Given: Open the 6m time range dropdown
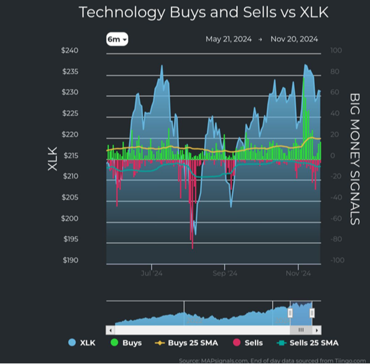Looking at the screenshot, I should point(117,39).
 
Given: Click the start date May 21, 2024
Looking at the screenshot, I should point(228,39).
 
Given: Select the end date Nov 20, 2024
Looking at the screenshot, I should point(294,39).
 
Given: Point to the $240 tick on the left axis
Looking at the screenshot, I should point(69,50).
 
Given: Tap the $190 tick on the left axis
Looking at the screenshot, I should point(69,260).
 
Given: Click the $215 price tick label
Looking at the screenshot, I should point(69,156).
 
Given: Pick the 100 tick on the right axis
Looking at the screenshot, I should point(336,50).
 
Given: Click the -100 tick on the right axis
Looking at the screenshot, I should point(337,260).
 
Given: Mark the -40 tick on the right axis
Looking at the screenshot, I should point(337,198).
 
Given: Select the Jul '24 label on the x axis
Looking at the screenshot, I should point(152,273).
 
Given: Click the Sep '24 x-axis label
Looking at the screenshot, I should point(225,273).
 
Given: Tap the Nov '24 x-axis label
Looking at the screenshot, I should point(298,273).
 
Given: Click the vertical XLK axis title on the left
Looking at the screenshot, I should point(52,159).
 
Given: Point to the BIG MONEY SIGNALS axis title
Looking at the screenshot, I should point(355,159).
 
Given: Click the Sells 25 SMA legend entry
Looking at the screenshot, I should point(306,343).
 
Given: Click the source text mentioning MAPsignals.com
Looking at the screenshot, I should point(273,360).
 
